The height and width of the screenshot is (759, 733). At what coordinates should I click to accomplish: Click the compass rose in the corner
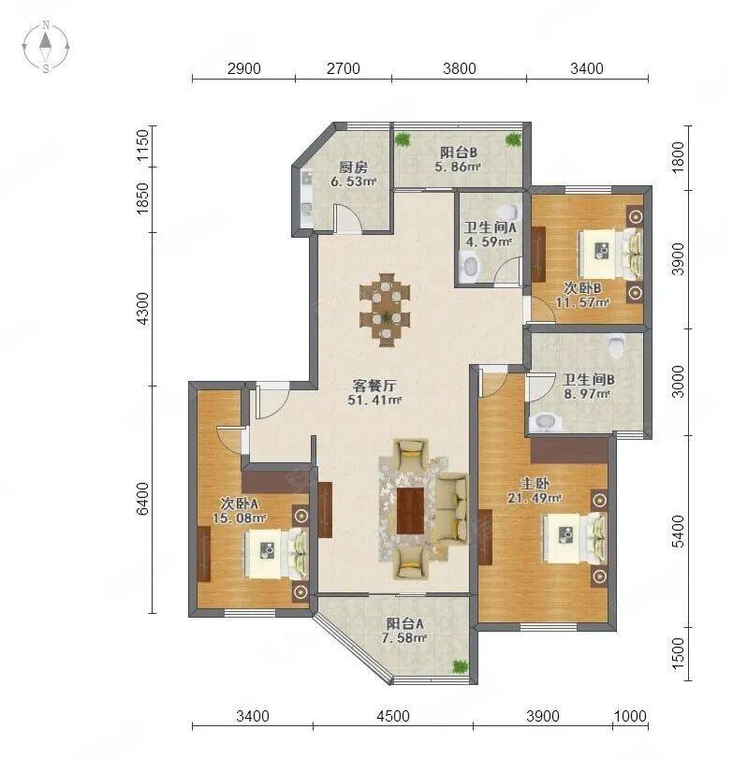[x=46, y=47]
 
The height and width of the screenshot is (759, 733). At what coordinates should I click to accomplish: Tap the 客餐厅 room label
[x=374, y=386]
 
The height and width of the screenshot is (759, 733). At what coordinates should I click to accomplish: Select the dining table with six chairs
[x=385, y=311]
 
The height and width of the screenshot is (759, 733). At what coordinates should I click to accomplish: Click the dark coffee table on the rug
[x=410, y=511]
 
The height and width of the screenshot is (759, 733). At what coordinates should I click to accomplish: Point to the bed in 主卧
[x=575, y=538]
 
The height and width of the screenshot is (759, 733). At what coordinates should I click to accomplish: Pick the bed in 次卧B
[x=610, y=254]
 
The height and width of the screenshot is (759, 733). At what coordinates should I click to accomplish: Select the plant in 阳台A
[x=460, y=666]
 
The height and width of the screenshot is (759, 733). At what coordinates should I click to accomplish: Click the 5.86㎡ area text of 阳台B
[x=458, y=168]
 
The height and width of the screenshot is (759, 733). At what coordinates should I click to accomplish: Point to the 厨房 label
[x=353, y=168]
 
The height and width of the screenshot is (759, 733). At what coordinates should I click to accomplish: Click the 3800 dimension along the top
[x=459, y=68]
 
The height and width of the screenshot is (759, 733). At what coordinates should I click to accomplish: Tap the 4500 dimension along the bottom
[x=392, y=715]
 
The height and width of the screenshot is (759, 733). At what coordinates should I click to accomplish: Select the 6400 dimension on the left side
[x=143, y=499]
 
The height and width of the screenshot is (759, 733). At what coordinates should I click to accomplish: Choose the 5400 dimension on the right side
[x=679, y=531]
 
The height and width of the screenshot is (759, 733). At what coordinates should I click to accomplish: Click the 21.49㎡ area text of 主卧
[x=535, y=498]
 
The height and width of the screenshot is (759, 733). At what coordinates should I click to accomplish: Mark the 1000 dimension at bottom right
[x=630, y=715]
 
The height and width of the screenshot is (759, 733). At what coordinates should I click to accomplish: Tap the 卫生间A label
[x=490, y=227]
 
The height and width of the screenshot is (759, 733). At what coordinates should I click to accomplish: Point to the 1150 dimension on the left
[x=143, y=146]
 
